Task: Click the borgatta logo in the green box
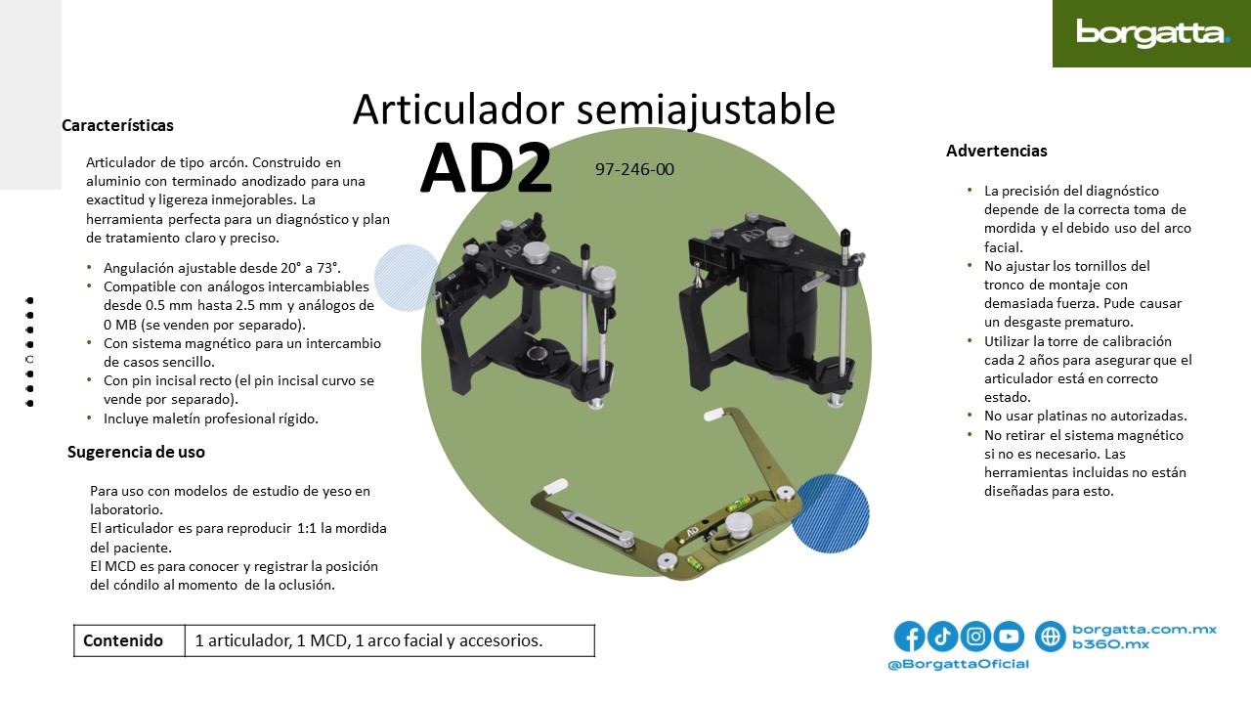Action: click(1152, 33)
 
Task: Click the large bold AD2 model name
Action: click(486, 168)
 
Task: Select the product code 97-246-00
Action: click(634, 169)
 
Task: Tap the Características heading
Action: click(117, 125)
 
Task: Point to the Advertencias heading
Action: click(996, 151)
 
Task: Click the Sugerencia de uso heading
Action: click(136, 452)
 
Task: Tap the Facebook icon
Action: click(909, 636)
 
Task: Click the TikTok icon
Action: click(942, 636)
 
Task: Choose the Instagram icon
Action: click(975, 636)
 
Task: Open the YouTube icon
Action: click(1009, 636)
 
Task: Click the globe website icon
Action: click(1051, 636)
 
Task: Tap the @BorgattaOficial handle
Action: click(959, 664)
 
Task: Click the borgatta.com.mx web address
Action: click(1144, 629)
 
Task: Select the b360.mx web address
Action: click(1111, 644)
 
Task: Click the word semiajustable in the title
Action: click(706, 110)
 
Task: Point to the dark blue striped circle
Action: click(830, 513)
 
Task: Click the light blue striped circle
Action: click(408, 278)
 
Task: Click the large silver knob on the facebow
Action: click(739, 526)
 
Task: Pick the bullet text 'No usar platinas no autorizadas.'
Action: click(1085, 417)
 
